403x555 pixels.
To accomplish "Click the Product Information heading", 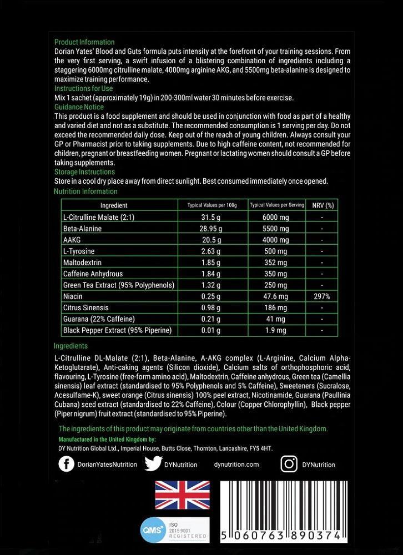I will (84, 42).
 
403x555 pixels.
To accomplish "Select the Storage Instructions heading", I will (84, 172).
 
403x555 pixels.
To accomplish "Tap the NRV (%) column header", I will (322, 205).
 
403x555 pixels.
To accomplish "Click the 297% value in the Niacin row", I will (322, 296).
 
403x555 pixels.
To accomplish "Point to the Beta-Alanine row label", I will (83, 229).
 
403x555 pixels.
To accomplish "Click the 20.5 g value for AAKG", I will (211, 240).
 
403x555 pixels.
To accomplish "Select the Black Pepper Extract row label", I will (117, 330).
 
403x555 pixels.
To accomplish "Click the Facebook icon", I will (66, 464).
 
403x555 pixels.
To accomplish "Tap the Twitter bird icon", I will (153, 464).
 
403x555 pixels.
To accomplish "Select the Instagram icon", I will (289, 464).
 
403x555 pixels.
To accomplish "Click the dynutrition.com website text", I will (236, 465).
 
